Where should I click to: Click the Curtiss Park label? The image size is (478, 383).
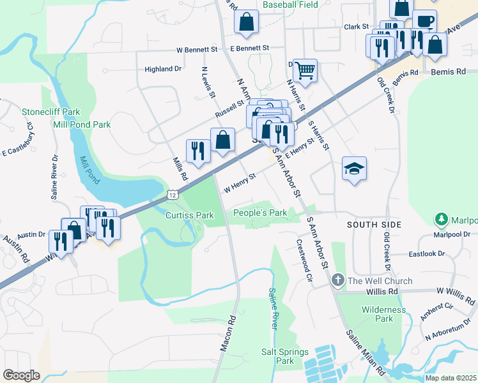(x=189, y=216)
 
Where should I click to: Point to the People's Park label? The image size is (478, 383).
(x=259, y=213)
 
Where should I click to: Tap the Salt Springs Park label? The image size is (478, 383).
(x=285, y=356)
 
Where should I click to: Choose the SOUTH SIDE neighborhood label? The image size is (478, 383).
(x=374, y=225)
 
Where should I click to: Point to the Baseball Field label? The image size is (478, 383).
(x=291, y=4)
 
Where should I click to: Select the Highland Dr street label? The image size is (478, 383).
(x=163, y=69)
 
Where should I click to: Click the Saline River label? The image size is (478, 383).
(x=272, y=308)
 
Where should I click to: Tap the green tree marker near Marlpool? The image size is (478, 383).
(x=441, y=220)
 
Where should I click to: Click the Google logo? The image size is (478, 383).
(x=21, y=375)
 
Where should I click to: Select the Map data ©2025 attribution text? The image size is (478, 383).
(x=450, y=378)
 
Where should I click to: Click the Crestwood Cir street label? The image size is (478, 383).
(x=303, y=260)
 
